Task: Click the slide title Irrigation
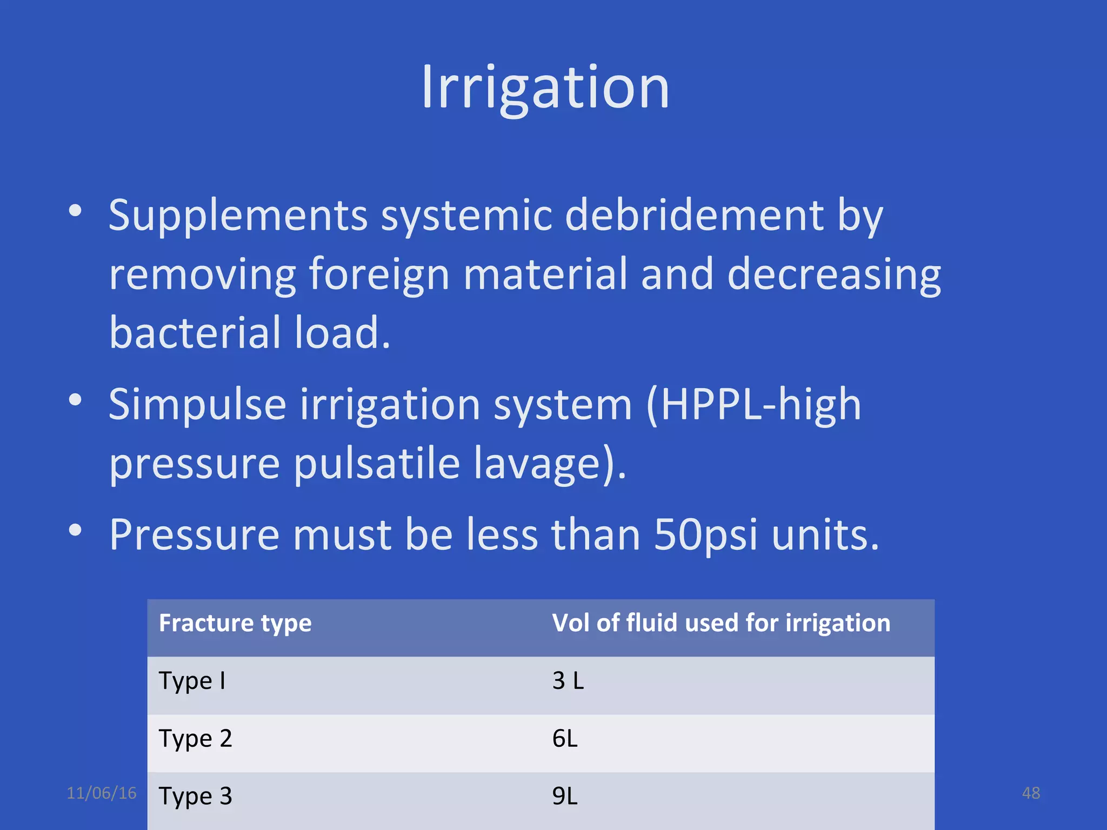click(x=545, y=88)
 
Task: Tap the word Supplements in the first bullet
click(x=238, y=215)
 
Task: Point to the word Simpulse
click(x=197, y=405)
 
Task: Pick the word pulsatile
click(x=376, y=463)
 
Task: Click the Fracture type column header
click(x=235, y=623)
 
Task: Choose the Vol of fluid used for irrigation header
click(x=721, y=623)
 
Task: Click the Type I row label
click(x=192, y=681)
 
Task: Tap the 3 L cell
click(x=568, y=680)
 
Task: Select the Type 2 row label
click(x=195, y=739)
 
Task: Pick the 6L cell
click(x=565, y=739)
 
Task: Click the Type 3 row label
click(x=195, y=796)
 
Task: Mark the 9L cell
click(x=565, y=796)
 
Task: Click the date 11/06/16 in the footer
click(x=102, y=793)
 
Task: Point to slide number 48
click(x=1031, y=793)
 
